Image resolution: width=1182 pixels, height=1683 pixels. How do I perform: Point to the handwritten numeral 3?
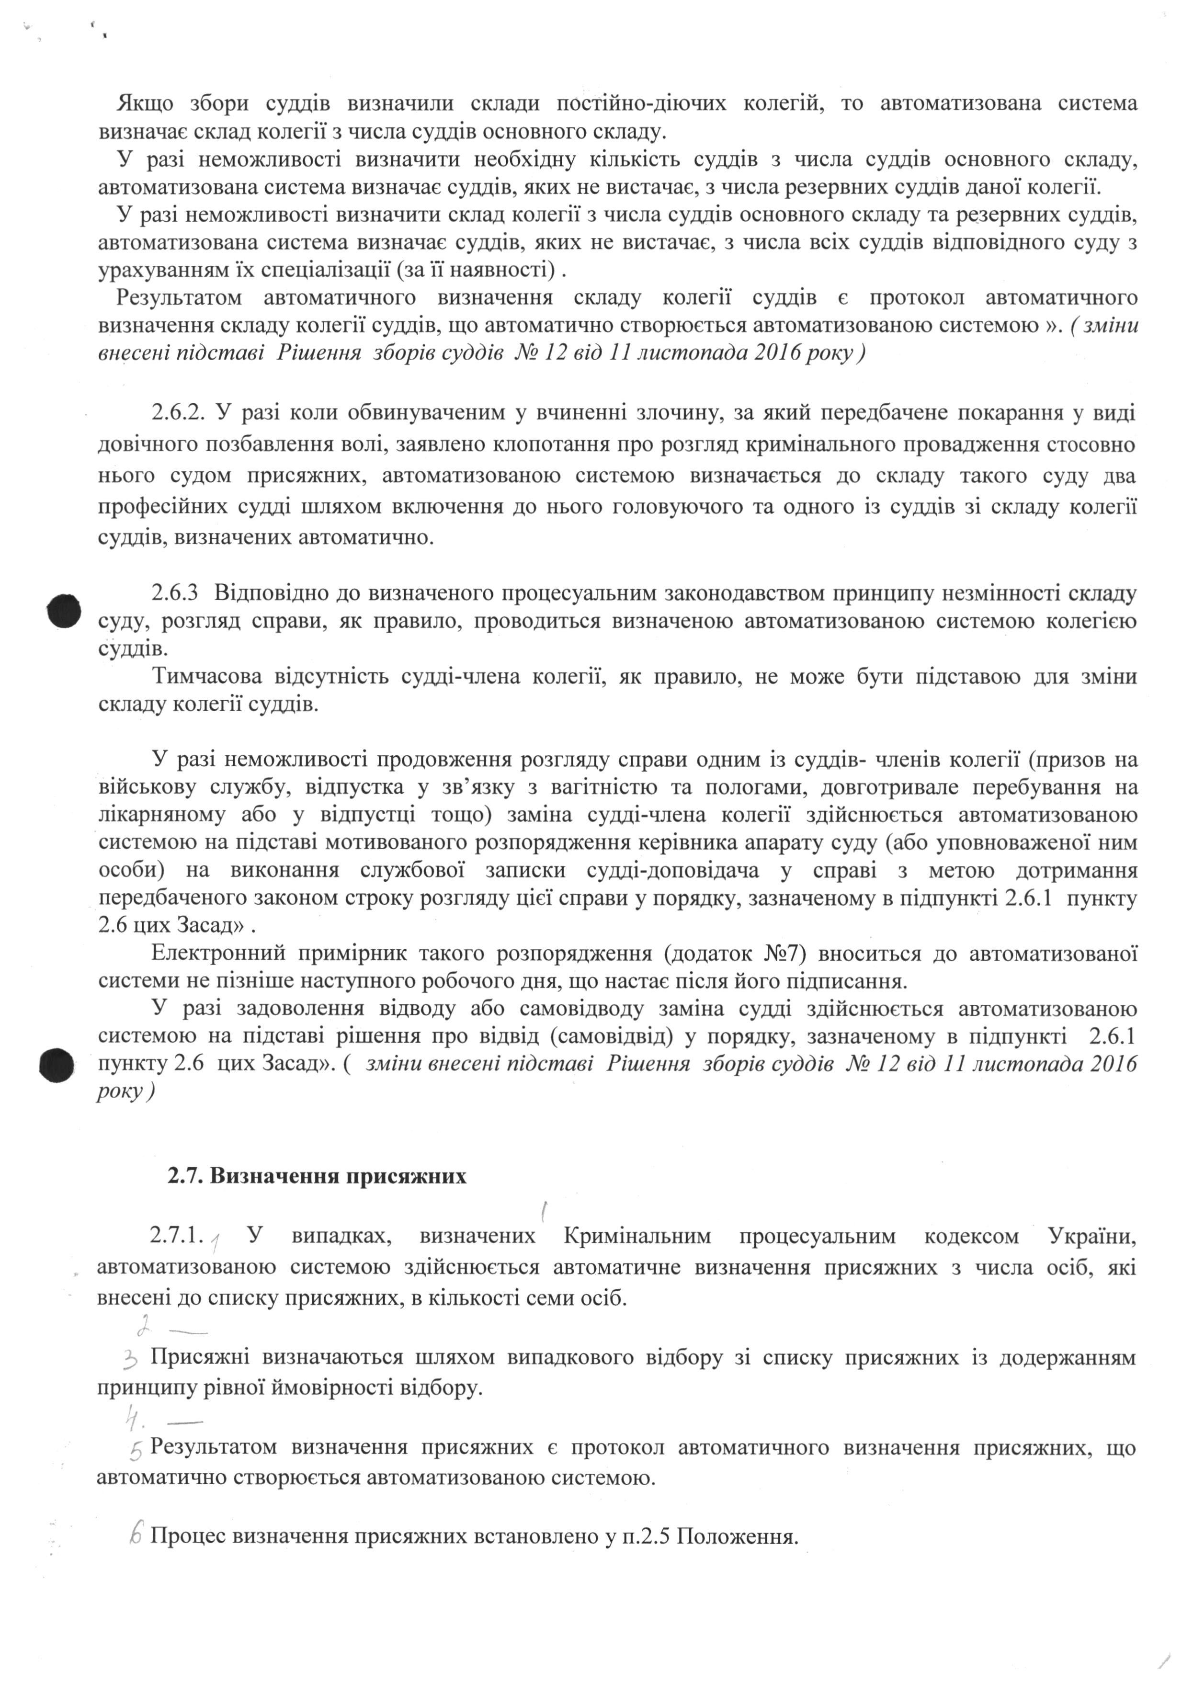pos(132,1360)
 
